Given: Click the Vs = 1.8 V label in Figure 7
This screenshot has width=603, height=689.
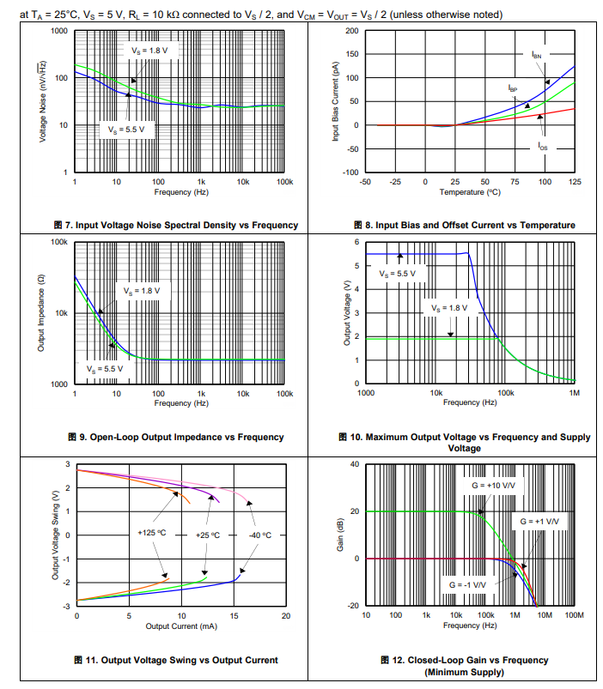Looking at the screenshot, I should [149, 51].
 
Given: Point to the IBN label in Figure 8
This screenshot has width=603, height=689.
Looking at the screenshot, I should [536, 55].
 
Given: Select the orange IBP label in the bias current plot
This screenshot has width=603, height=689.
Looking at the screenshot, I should [512, 88].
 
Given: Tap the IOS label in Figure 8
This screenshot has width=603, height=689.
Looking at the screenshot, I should [543, 147].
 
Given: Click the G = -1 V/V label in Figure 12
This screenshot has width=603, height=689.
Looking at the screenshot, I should [467, 584].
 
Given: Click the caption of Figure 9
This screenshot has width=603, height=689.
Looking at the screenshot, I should [175, 437].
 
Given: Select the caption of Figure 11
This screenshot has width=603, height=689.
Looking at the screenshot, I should [175, 660].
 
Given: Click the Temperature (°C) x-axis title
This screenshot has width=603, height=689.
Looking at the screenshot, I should [470, 192].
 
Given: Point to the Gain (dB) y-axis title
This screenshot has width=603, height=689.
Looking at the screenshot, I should [340, 535].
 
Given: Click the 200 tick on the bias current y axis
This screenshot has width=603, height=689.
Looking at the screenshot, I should [351, 31].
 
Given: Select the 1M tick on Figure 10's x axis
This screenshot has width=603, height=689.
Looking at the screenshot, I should [575, 392].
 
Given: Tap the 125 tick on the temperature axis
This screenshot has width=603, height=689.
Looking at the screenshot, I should [575, 182].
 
